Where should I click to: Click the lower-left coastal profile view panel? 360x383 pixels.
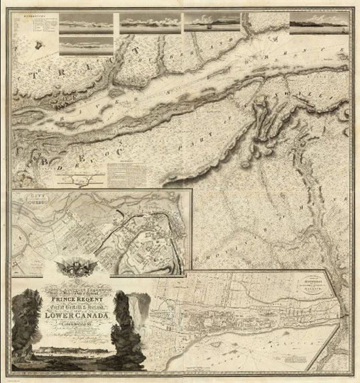pyautogui.click(x=84, y=47)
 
